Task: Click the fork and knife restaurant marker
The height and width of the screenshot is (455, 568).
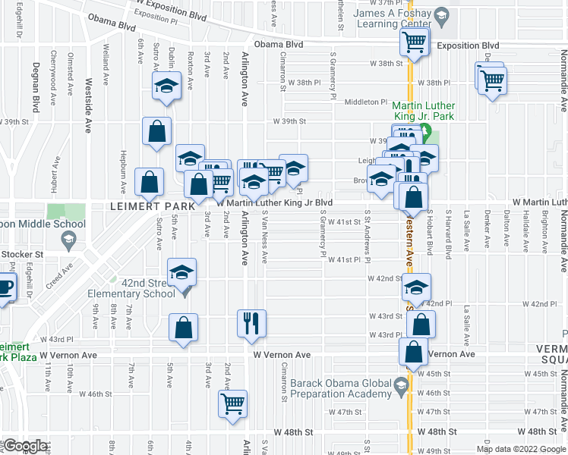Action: coord(251,324)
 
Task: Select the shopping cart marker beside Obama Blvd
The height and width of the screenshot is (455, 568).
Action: coord(415,43)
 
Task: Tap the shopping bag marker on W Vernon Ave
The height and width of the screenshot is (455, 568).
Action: coord(415,353)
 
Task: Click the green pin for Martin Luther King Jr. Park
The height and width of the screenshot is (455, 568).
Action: coord(425,136)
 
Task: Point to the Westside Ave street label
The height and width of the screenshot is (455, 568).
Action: coord(89,96)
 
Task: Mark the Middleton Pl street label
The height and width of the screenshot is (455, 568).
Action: coord(366,102)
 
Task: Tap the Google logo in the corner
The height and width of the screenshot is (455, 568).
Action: coord(25,447)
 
